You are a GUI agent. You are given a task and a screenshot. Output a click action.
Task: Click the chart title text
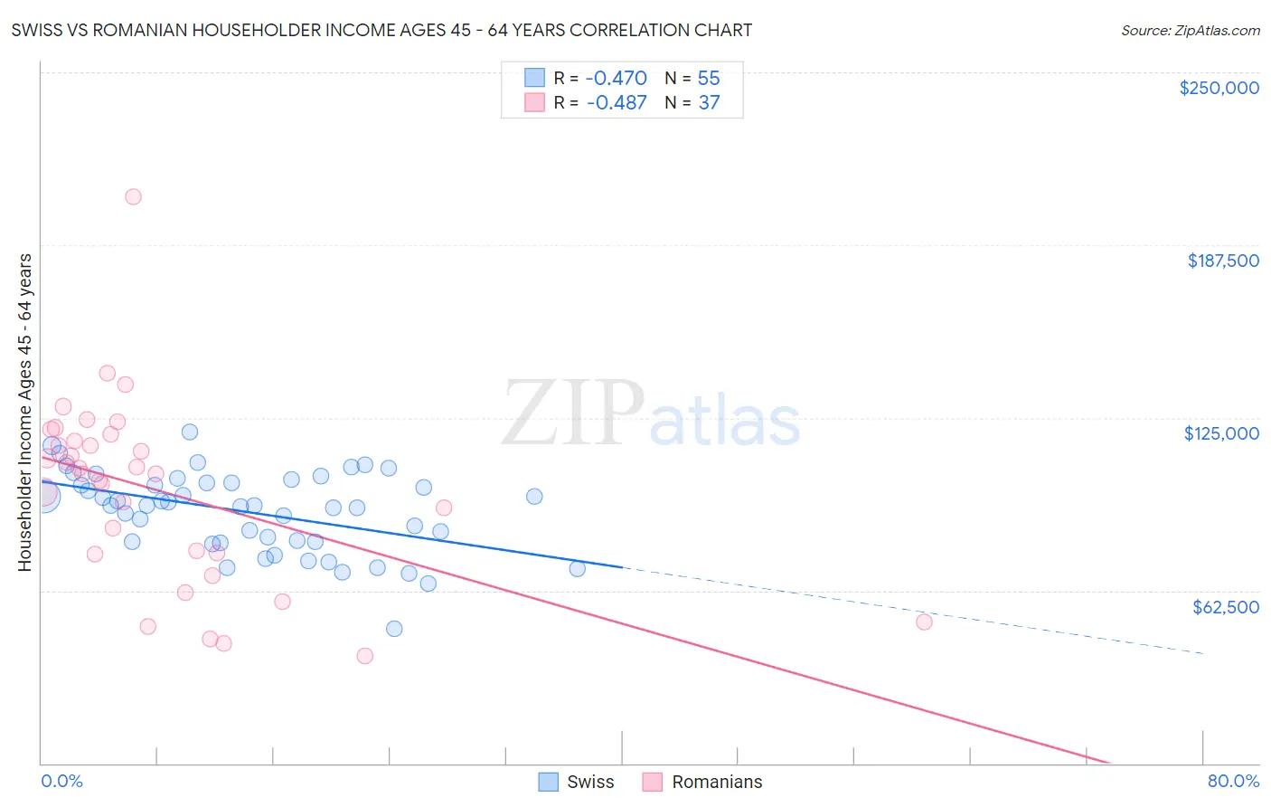[381, 30]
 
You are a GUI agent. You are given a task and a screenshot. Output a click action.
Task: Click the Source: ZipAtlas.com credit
[1190, 30]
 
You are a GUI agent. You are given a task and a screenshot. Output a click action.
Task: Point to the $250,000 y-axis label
[1219, 88]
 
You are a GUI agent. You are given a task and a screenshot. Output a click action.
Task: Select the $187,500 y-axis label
[1222, 261]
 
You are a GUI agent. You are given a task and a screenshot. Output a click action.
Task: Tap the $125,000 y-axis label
[1221, 433]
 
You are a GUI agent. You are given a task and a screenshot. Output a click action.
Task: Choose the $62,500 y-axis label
[1225, 607]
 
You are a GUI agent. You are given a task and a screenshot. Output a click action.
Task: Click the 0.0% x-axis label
[61, 781]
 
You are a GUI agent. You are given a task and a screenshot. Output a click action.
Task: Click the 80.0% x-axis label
[1233, 781]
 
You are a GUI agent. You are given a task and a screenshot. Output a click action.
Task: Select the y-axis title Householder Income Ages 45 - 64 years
[25, 413]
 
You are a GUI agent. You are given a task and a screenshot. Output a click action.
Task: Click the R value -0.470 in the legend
[617, 78]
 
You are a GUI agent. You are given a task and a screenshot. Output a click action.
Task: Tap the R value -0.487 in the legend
[617, 102]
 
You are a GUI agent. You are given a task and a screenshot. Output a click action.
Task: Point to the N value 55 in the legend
[709, 78]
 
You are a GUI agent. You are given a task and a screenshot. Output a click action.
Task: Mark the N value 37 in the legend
[709, 102]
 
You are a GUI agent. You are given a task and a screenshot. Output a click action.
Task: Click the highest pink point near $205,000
[133, 196]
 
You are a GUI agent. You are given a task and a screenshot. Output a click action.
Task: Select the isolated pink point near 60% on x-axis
[924, 622]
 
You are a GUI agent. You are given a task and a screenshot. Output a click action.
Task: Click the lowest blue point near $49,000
[394, 629]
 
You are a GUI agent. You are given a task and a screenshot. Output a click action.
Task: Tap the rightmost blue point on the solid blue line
[577, 569]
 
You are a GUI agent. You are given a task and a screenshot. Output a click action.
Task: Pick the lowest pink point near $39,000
[365, 656]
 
